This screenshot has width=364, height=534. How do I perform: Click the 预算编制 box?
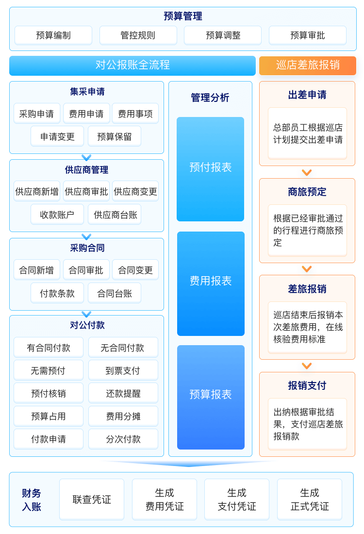53,35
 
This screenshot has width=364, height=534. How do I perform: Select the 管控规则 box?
138,35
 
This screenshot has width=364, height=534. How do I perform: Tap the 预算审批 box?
308,35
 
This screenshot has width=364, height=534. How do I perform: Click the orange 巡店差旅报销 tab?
308,66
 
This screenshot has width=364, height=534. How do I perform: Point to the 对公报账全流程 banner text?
132,65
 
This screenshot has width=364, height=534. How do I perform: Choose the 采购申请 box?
37,114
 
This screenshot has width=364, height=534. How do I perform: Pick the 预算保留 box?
115,137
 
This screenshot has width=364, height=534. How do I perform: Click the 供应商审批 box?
86,192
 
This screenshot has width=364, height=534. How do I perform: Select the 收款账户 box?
57,215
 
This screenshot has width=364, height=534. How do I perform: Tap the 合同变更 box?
135,270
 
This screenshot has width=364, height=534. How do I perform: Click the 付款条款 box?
57,293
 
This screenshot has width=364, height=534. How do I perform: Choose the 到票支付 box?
123,371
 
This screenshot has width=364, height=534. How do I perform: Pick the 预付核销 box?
49,394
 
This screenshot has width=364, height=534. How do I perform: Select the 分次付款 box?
123,439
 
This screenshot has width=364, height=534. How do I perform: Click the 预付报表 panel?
211,168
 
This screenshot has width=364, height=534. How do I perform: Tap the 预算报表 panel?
211,395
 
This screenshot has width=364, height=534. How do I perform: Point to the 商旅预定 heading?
307,192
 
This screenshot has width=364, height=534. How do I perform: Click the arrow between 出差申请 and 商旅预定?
307,173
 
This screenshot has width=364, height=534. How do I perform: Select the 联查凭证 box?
92,500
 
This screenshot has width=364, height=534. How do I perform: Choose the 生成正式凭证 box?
310,500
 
